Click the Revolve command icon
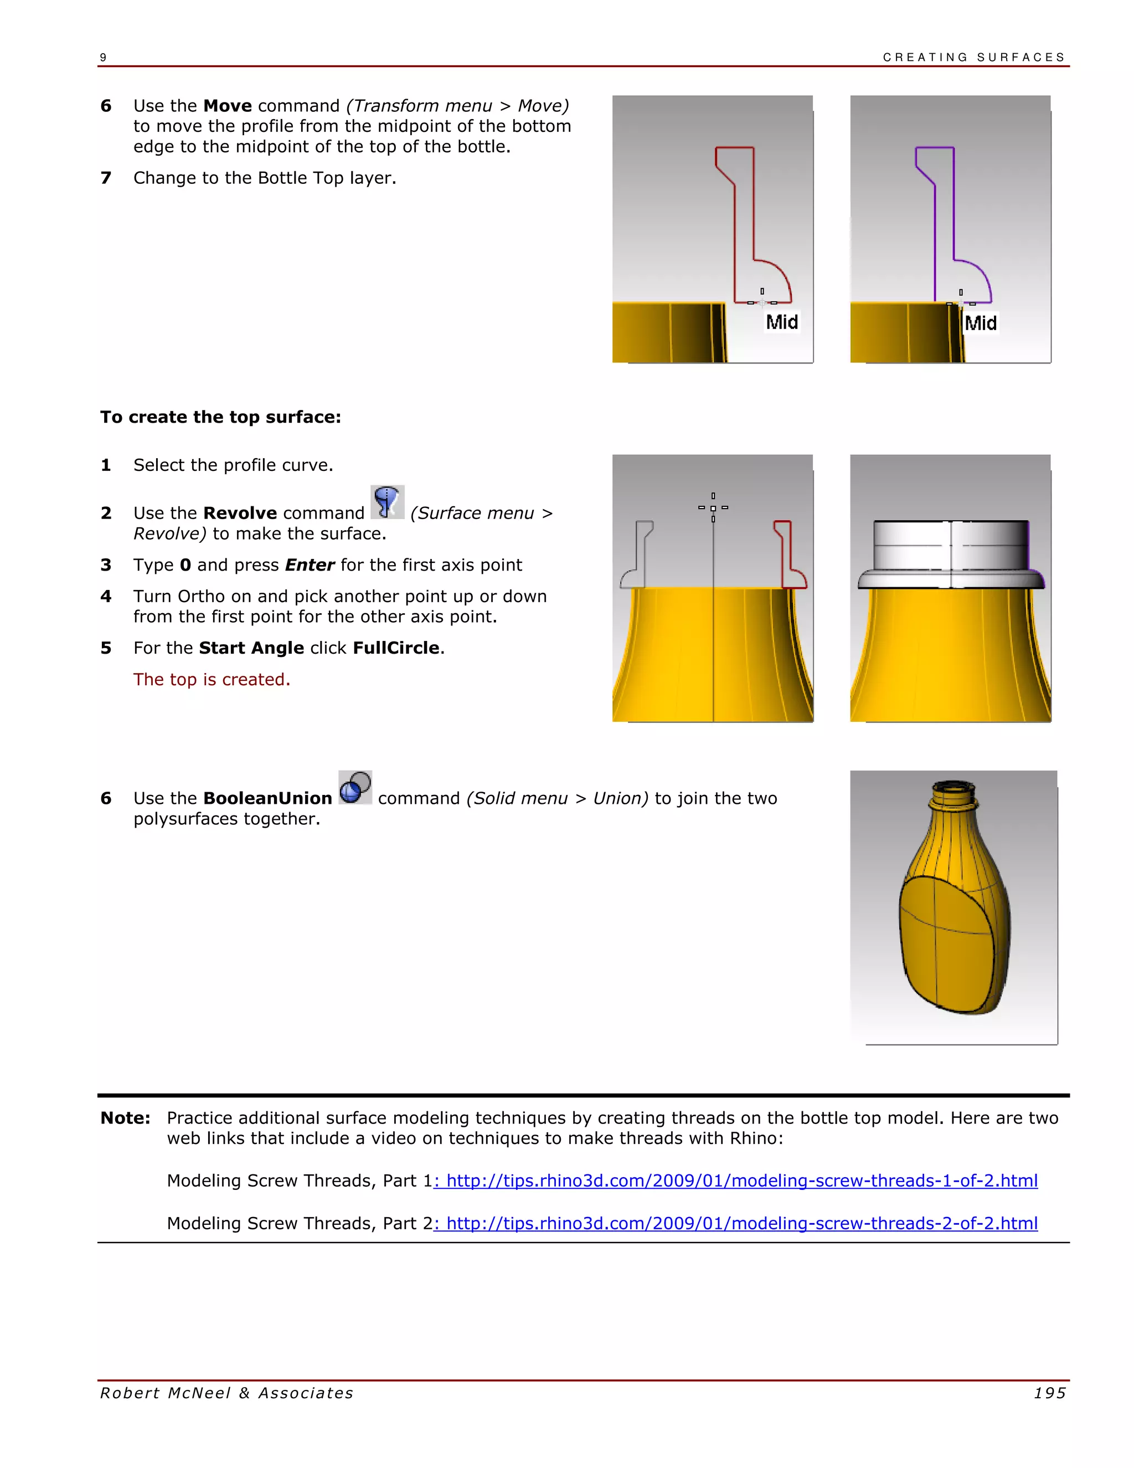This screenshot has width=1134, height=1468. coord(388,502)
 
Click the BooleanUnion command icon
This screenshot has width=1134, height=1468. coord(355,787)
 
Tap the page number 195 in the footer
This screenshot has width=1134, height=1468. coord(1049,1393)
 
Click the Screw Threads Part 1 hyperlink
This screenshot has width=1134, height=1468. coord(736,1180)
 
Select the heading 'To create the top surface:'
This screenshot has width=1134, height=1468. coord(220,418)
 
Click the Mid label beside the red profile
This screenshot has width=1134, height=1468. coord(782,322)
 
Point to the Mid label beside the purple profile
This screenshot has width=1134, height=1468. coord(980,324)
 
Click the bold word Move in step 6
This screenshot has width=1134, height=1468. coord(227,106)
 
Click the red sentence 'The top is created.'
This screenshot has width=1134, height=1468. coord(212,680)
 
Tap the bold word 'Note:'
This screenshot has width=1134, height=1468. coord(126,1118)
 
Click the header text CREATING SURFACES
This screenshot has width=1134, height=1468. coord(973,58)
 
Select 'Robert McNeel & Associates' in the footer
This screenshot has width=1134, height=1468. coord(227,1393)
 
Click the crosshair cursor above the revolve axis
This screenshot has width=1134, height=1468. coord(713,508)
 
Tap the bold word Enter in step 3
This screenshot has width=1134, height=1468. coord(309,565)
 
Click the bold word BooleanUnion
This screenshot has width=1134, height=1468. coord(267,798)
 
